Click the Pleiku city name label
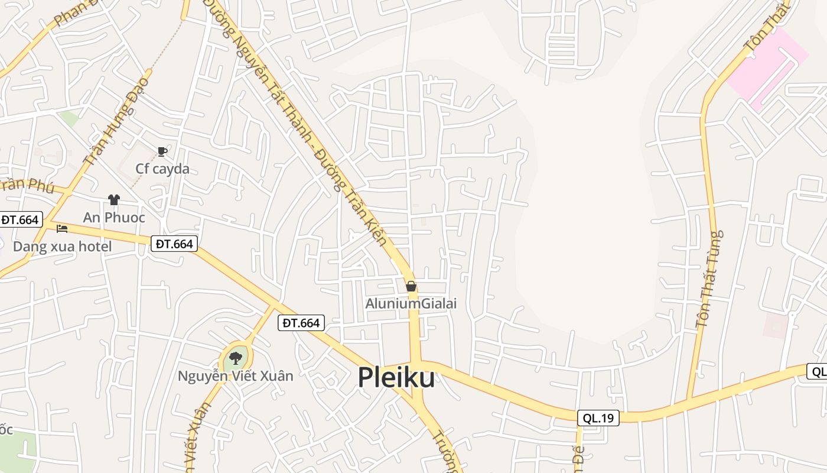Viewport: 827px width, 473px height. (396, 378)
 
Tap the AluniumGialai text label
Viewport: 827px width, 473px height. (411, 304)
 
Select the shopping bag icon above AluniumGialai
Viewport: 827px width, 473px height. (411, 287)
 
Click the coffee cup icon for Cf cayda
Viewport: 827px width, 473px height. (162, 152)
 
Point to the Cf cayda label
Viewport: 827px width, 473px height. (162, 169)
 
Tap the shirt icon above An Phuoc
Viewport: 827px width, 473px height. (114, 200)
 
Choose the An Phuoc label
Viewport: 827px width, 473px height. (114, 218)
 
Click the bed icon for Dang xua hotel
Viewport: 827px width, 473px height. (62, 229)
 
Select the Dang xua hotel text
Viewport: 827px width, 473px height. (62, 247)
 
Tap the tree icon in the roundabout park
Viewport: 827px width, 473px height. (236, 358)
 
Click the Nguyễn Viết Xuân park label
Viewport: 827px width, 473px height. (236, 376)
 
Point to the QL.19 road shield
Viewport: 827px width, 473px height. (598, 418)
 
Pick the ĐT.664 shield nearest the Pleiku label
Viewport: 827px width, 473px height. (301, 323)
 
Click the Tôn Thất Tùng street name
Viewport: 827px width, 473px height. (709, 279)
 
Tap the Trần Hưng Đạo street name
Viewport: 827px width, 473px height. (116, 122)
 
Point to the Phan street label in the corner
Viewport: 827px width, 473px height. (71, 14)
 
